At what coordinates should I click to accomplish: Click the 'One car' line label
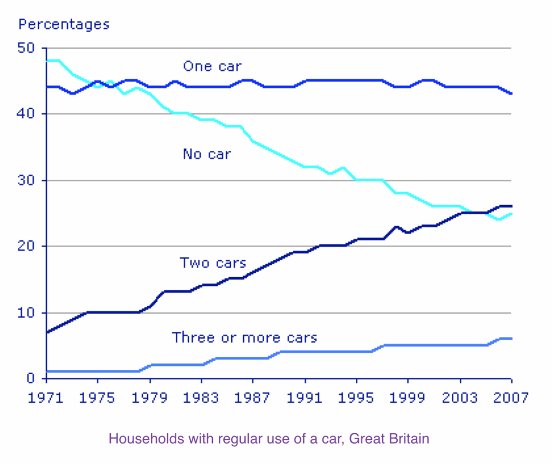pyautogui.click(x=212, y=66)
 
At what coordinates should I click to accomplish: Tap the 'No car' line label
pyautogui.click(x=206, y=154)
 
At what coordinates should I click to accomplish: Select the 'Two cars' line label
pyautogui.click(x=212, y=263)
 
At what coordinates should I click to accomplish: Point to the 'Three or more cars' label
pyautogui.click(x=244, y=338)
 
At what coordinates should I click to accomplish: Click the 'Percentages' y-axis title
pyautogui.click(x=64, y=24)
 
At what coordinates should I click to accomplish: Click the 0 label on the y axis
pyautogui.click(x=36, y=379)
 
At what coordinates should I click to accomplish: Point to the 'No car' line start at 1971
pyautogui.click(x=47, y=61)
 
